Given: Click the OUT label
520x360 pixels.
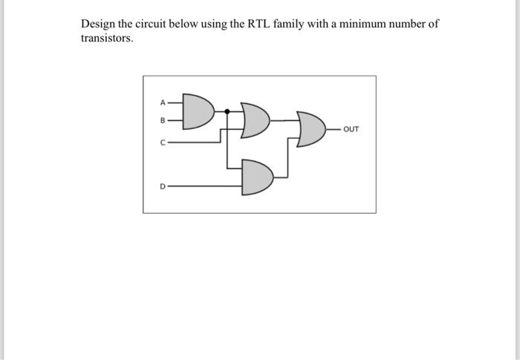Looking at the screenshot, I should [x=352, y=129].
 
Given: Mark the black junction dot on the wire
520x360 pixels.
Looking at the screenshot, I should [x=227, y=111].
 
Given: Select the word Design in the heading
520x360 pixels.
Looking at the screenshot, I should [x=98, y=24].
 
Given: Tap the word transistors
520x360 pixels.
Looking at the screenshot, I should [x=106, y=38].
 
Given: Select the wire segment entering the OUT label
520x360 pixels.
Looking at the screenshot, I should [x=336, y=129].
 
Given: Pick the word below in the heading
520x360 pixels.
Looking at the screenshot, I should [x=189, y=24].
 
